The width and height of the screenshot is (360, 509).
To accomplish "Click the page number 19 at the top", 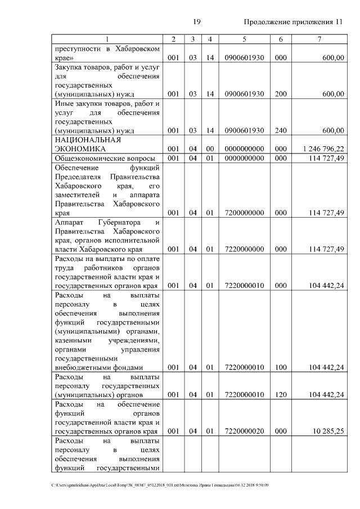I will point(197,22).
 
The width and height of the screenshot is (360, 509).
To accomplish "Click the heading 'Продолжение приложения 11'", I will point(292,22).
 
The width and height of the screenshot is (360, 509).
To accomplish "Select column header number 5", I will point(244,39).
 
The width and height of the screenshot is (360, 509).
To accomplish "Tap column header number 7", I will point(319,39).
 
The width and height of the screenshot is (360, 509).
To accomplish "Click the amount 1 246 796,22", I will point(323,148).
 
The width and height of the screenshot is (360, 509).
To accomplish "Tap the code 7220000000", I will point(244,249).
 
